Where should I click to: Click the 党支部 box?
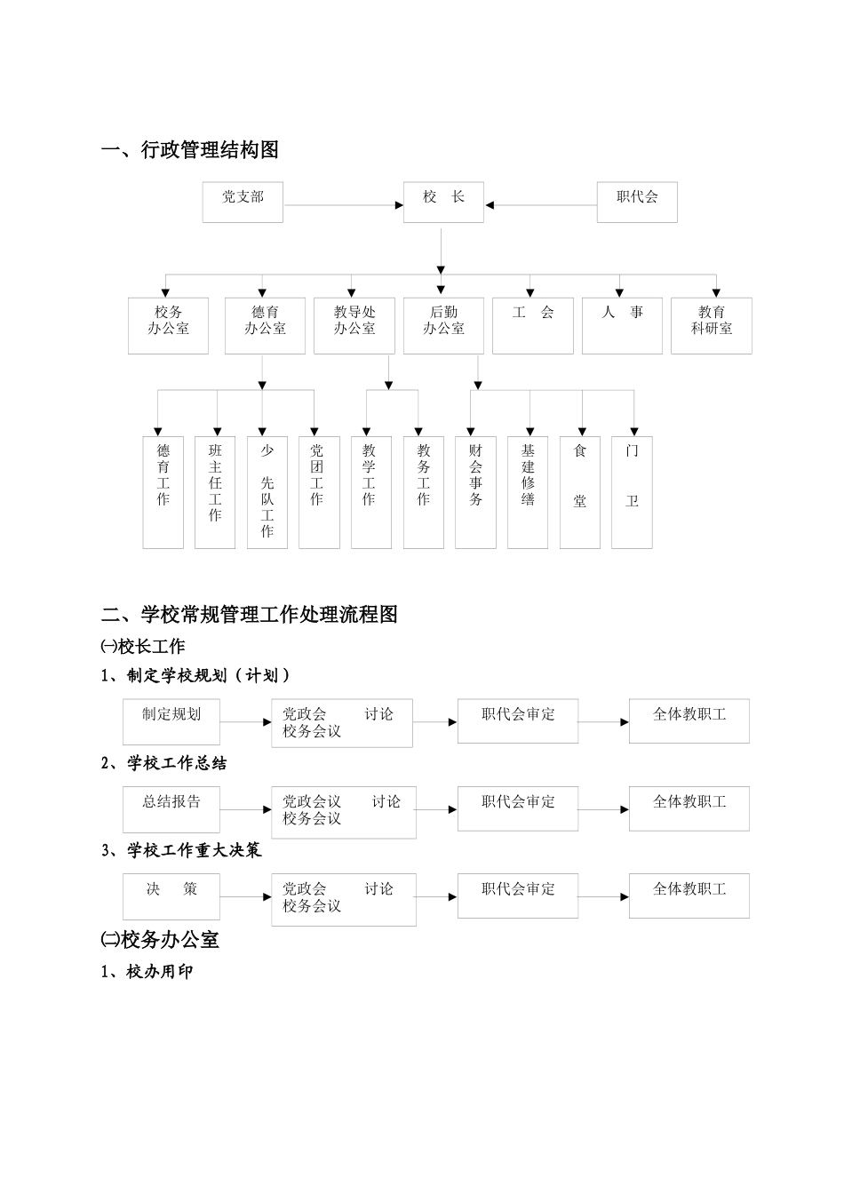point(243,202)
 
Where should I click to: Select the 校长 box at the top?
point(443,202)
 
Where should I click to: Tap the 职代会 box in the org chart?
point(637,202)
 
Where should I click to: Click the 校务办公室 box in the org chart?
point(168,325)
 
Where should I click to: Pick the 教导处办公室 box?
point(354,325)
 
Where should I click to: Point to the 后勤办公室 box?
point(443,325)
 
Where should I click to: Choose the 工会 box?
point(533,325)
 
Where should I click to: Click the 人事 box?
point(622,325)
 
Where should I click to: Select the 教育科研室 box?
point(712,325)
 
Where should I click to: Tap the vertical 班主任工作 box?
point(215,491)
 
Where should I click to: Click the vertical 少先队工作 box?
point(267,491)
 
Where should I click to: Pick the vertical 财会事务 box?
point(475,491)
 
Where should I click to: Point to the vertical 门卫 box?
point(632,491)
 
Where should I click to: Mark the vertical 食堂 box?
point(580,491)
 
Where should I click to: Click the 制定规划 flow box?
point(171,721)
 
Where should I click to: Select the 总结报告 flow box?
point(171,808)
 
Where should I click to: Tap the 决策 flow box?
point(171,895)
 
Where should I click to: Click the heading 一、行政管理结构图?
point(190,150)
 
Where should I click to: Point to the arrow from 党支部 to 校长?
point(343,205)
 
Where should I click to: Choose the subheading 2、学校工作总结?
point(164,763)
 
